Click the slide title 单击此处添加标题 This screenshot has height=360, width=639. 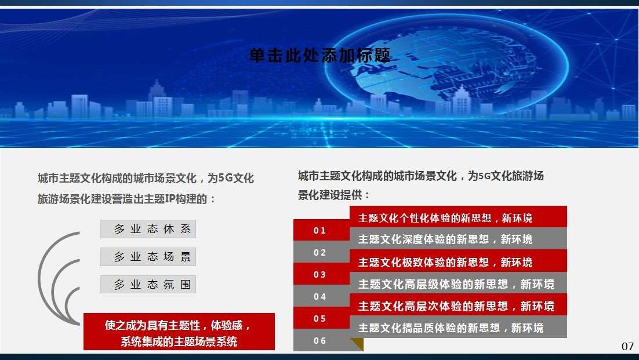pos(320,56)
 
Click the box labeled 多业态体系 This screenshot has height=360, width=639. pos(148,229)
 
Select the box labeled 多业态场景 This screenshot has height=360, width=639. pos(148,257)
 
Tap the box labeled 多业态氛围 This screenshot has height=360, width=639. pos(148,284)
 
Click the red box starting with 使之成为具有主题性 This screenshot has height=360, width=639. pos(179,332)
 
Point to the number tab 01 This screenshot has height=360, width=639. pos(320,230)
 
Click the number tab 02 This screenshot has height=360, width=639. pos(320,252)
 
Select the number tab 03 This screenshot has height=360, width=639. pos(320,274)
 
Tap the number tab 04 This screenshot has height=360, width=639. pos(320,296)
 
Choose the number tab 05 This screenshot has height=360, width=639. pos(320,318)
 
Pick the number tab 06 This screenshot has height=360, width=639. pos(320,340)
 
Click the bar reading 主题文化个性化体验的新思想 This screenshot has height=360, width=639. pos(459,217)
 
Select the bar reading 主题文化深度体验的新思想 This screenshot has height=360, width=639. pos(459,238)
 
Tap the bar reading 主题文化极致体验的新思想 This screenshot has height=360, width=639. pos(459,261)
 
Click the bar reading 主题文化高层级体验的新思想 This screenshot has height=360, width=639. pos(459,283)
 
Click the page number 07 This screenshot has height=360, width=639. pos(627,347)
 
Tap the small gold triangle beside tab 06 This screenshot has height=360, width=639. pos(358,343)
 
